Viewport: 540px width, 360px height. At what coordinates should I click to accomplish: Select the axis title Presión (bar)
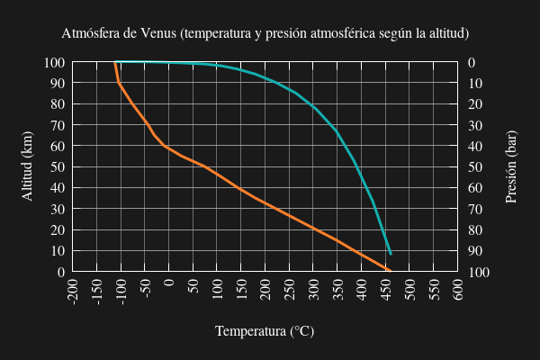tap(511, 166)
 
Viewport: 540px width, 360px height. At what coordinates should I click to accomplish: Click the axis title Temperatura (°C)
tap(265, 331)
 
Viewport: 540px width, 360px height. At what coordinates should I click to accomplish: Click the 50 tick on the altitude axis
tap(57, 167)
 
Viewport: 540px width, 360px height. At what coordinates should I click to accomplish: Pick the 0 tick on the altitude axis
tap(60, 272)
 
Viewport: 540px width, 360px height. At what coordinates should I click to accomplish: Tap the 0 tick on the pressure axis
tap(472, 62)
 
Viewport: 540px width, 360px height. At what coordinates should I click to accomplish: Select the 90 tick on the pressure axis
tap(476, 251)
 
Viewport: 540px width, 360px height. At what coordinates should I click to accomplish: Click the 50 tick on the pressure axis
tap(476, 167)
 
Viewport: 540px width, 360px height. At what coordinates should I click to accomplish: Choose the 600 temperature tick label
tap(458, 291)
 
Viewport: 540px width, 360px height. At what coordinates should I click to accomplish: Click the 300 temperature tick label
tap(314, 291)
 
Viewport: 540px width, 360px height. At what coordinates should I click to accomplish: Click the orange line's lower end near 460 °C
tap(390, 271)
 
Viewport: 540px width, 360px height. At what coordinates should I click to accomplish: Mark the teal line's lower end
tap(391, 254)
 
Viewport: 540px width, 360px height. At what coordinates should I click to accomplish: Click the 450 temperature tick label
tap(386, 291)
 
